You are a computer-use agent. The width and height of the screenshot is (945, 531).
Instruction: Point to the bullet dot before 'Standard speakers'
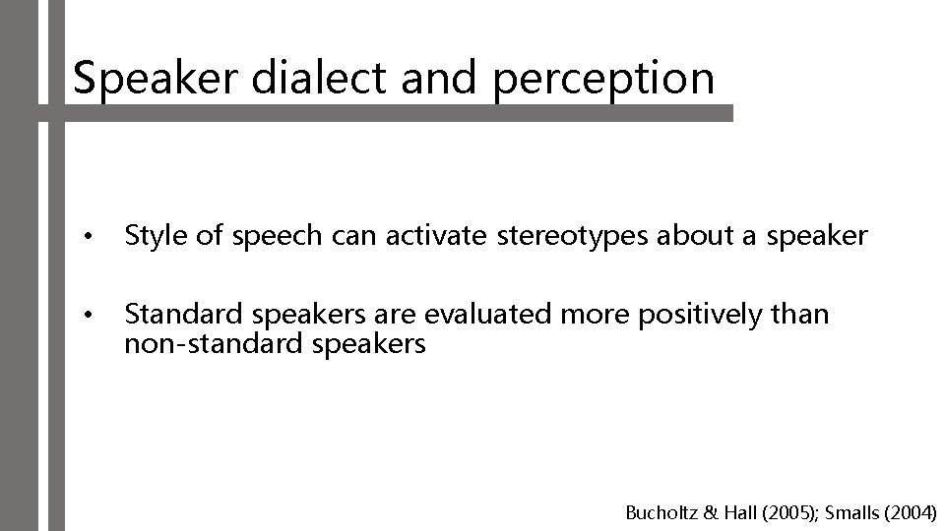[x=89, y=317]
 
